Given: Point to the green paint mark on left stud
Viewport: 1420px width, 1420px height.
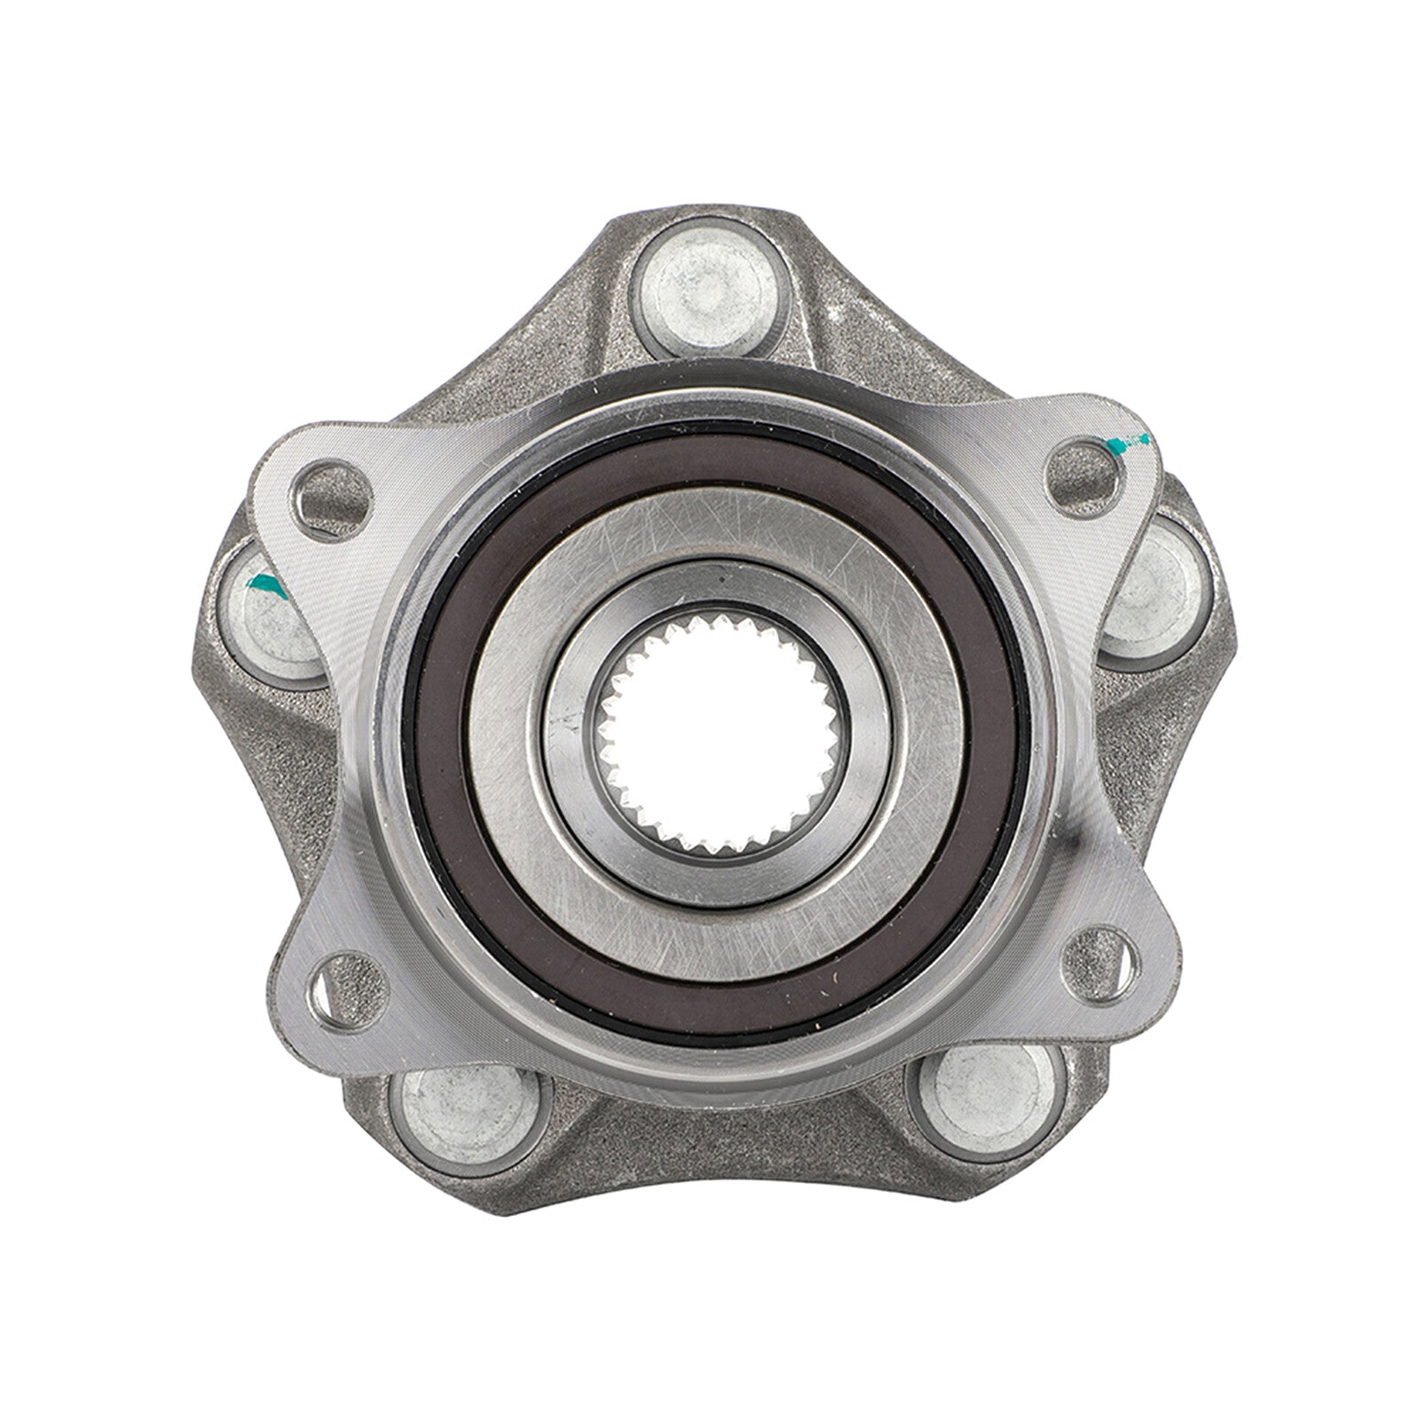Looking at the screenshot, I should pos(264,583).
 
